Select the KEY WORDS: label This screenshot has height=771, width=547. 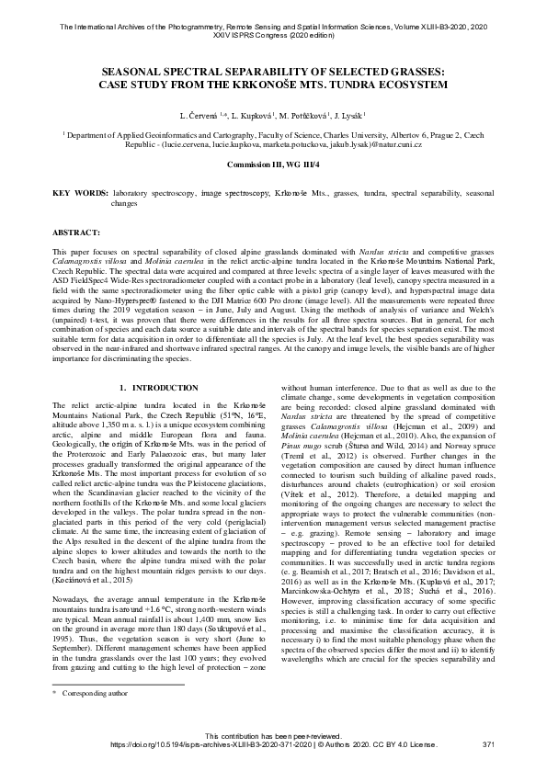tap(77, 194)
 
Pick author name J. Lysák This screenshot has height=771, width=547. tap(348, 116)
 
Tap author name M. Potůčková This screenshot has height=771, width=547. tap(300, 116)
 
